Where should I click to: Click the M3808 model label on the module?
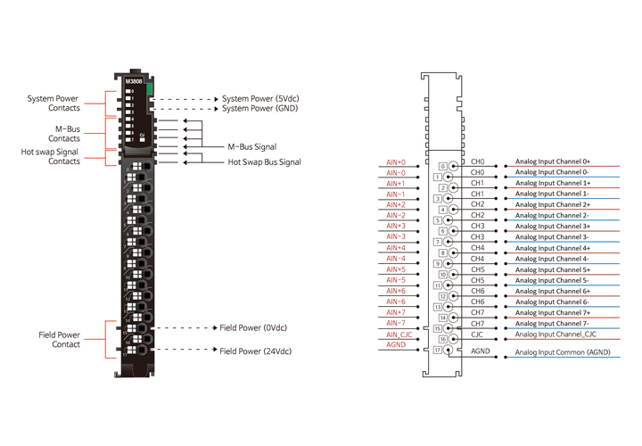[134, 81]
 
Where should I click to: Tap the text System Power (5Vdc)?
[259, 99]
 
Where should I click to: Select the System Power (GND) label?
[259, 109]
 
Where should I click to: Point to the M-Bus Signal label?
[252, 147]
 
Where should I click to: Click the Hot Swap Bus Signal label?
[264, 162]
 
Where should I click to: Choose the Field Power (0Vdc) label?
[253, 328]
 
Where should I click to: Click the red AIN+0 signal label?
[396, 162]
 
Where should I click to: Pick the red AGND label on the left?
[396, 345]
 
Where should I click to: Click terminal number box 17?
[437, 351]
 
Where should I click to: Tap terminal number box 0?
[443, 167]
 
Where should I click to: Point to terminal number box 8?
[443, 253]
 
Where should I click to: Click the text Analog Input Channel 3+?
[553, 227]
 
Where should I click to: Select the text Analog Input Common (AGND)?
[563, 352]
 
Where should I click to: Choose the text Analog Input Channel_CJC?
[556, 334]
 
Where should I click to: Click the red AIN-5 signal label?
[396, 280]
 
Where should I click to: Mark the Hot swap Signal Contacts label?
[51, 157]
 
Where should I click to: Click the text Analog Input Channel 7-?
[552, 323]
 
